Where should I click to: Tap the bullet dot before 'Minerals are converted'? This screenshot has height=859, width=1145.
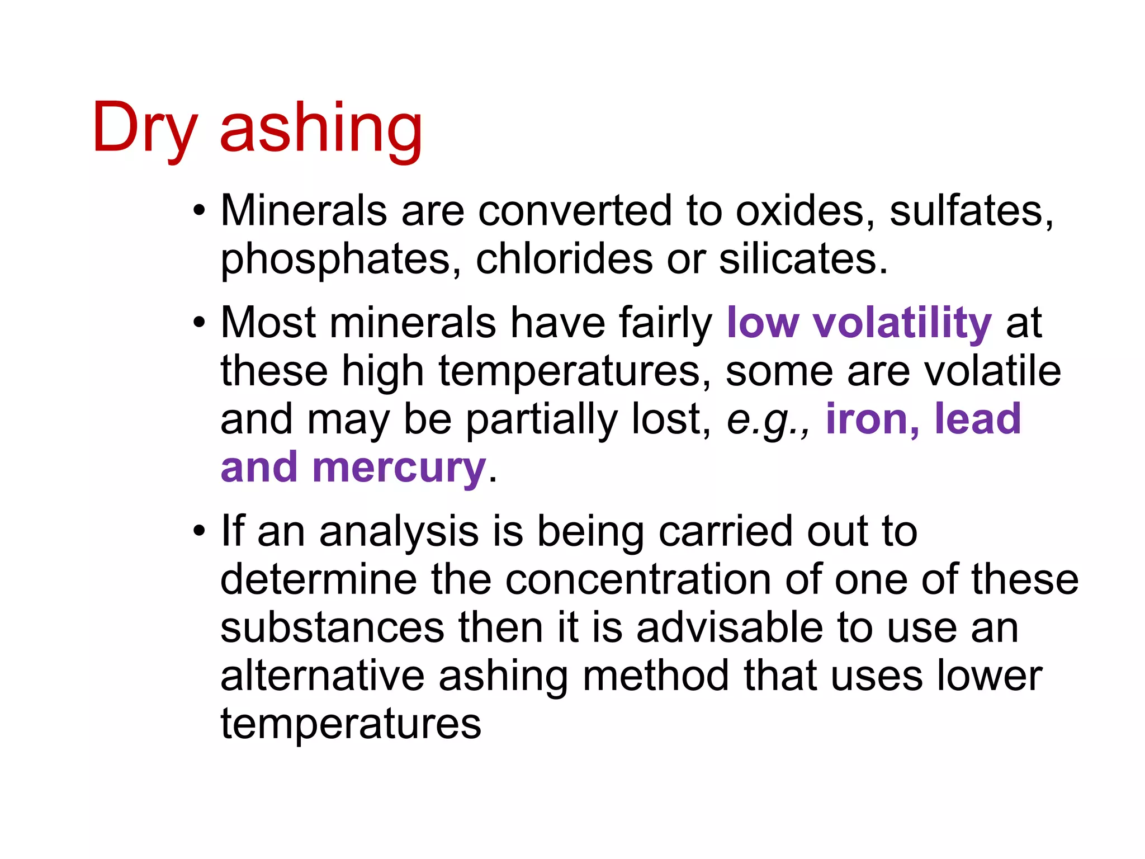coord(199,211)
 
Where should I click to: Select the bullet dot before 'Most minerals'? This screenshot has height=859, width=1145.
coord(199,323)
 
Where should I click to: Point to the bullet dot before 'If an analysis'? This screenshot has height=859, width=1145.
coord(199,531)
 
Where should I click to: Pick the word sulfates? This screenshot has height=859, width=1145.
coord(971,211)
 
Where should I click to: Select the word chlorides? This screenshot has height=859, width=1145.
coord(564,259)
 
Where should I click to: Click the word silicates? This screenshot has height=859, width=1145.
coord(802,259)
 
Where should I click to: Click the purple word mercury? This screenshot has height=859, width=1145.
coord(399,468)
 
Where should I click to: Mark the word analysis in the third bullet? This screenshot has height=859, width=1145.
coord(399,531)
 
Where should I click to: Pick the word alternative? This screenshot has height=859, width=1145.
coord(323,676)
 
